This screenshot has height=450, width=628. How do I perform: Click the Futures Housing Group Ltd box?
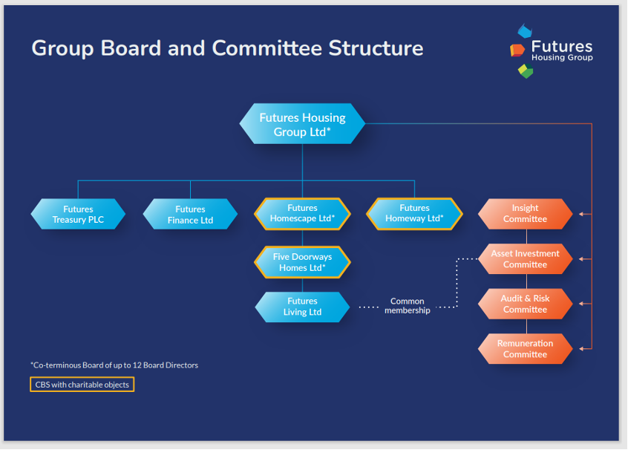click(x=302, y=124)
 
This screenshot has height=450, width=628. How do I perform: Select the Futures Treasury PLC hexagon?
click(x=78, y=214)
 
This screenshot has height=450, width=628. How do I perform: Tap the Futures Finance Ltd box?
click(x=190, y=214)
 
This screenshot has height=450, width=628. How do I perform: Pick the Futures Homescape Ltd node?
click(x=302, y=214)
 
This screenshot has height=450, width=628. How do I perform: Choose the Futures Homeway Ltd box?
click(x=414, y=214)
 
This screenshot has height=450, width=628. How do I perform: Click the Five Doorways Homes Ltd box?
click(x=302, y=262)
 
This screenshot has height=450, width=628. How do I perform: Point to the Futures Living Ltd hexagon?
click(x=302, y=307)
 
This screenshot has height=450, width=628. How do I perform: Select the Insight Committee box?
click(x=525, y=214)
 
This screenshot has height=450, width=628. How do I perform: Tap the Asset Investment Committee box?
click(x=525, y=259)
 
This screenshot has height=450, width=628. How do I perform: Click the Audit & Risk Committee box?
click(x=525, y=304)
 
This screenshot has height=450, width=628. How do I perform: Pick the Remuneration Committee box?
click(x=525, y=348)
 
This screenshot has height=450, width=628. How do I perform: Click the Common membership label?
click(x=408, y=306)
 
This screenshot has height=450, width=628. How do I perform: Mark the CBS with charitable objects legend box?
click(x=82, y=385)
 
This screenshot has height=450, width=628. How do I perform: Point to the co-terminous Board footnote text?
click(x=114, y=365)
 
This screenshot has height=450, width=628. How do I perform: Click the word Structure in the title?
click(x=376, y=48)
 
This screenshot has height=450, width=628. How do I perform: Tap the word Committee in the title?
click(x=266, y=48)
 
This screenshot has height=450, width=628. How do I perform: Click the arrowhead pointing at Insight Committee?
click(x=581, y=214)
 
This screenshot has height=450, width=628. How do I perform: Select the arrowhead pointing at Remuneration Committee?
click(x=581, y=348)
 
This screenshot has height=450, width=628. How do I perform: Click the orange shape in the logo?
click(x=517, y=50)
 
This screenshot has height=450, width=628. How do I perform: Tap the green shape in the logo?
click(x=526, y=71)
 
